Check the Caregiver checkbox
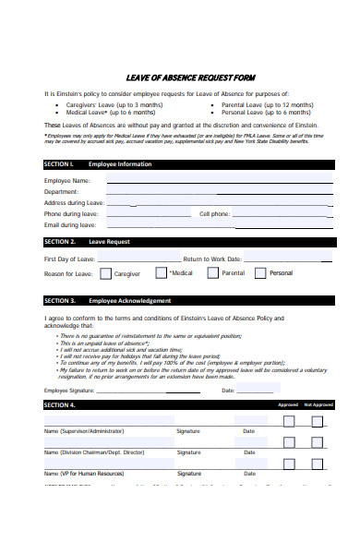[x=106, y=273]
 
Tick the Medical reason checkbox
[x=162, y=273]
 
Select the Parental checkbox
[x=213, y=273]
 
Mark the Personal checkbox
[x=260, y=273]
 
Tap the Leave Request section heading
[x=109, y=242]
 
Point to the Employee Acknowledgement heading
[x=129, y=301]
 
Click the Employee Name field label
[x=67, y=180]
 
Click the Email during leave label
[x=70, y=224]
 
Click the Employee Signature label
[x=69, y=391]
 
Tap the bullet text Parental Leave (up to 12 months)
[x=267, y=104]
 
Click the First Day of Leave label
[x=70, y=259]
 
